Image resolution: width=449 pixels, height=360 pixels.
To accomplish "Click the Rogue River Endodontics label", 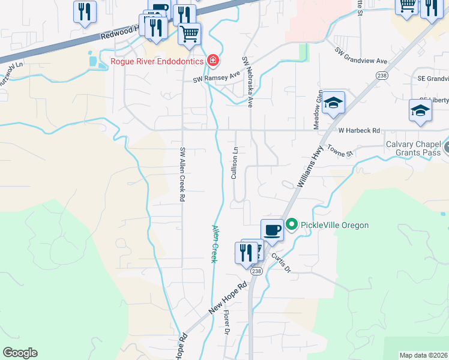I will (157, 61).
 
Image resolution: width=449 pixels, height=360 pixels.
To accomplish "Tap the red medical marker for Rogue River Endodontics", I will (212, 60).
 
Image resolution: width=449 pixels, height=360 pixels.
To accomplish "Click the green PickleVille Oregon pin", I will (292, 225).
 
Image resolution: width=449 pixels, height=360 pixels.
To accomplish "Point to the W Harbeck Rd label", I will (360, 130).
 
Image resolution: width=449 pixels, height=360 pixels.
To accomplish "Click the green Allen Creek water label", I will (214, 244).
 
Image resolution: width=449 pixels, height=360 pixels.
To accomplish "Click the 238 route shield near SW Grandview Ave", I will (382, 75).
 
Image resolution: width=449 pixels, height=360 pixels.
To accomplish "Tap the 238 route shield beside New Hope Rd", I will (257, 272).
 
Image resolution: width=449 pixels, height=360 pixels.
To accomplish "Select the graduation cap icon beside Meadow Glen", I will (333, 104).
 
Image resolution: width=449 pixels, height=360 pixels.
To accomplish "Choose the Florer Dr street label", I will (228, 322).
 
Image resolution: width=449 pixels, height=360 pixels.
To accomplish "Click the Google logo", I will (20, 353).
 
